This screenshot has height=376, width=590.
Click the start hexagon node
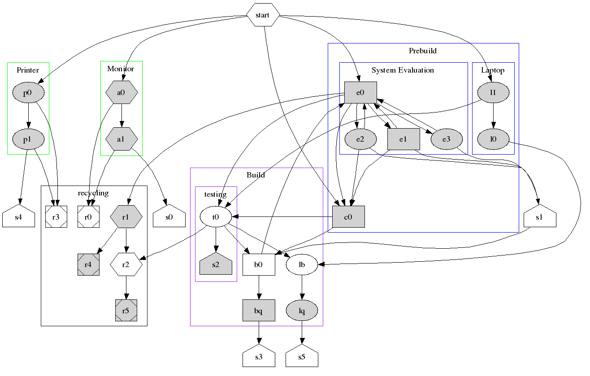[263, 15]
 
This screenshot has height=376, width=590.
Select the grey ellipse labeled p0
[28, 93]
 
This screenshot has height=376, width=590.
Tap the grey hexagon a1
[121, 139]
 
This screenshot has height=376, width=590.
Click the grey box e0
[360, 93]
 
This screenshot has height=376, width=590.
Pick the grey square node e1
[403, 139]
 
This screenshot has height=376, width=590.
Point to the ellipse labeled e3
[446, 139]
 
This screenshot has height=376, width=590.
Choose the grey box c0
[348, 217]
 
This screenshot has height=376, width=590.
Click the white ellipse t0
[216, 217]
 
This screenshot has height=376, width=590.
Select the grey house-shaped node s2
[216, 264]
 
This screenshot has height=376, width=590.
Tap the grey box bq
[259, 310]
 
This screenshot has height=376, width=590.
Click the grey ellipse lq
[302, 310]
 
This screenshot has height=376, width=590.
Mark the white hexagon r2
[126, 264]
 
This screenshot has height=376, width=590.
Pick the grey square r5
[126, 310]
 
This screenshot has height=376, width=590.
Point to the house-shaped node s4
[18, 218]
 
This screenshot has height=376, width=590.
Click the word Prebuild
[422, 51]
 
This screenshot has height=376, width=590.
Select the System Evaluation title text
[403, 70]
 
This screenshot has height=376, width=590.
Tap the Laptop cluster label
[493, 70]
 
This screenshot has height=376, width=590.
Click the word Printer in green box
[28, 70]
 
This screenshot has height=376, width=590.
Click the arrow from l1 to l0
[493, 116]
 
